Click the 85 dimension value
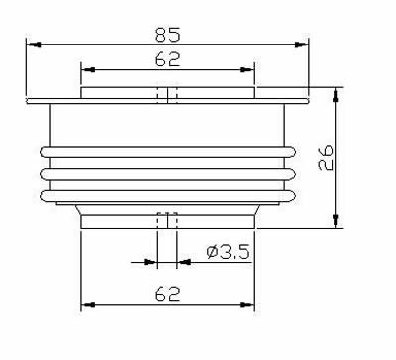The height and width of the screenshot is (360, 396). [x=168, y=35]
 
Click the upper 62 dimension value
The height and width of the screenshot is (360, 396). [x=168, y=59]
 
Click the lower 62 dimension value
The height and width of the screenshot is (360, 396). [x=168, y=294]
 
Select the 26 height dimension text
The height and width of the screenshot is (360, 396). [x=326, y=157]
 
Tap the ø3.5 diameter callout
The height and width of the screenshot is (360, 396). [x=228, y=252]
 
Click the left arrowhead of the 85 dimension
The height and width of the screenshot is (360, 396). [x=34, y=45]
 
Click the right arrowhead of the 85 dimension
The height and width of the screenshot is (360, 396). [x=301, y=45]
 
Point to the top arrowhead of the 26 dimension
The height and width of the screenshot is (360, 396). [x=336, y=95]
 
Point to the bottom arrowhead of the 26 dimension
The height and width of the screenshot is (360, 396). [x=336, y=221]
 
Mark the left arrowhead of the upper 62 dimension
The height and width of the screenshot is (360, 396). [x=88, y=70]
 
